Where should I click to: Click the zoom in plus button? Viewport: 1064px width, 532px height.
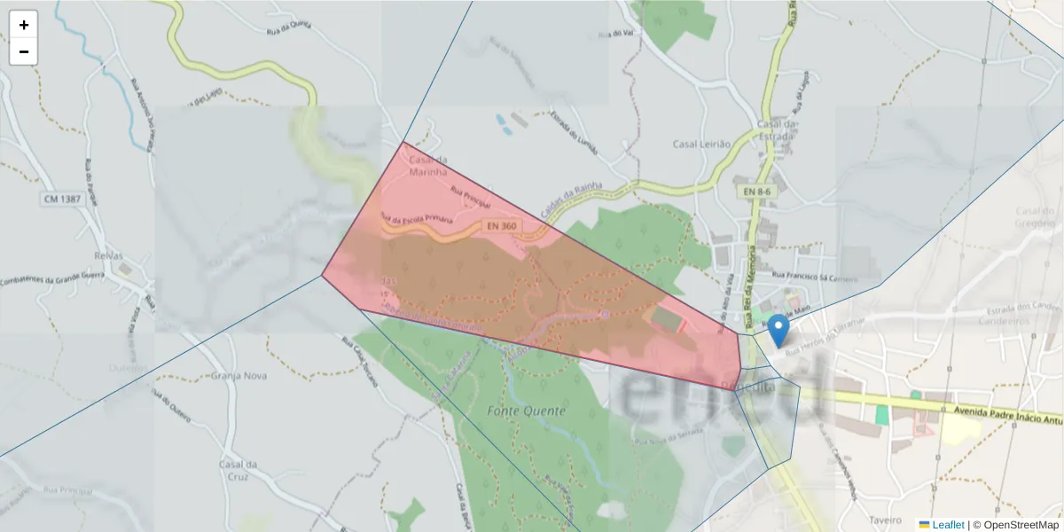tap(24, 25)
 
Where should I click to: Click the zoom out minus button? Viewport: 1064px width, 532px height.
tap(24, 51)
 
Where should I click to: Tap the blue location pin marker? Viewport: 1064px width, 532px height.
tap(778, 331)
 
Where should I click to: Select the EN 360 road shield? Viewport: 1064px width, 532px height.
tap(503, 227)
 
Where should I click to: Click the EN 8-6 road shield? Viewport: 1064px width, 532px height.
tap(756, 192)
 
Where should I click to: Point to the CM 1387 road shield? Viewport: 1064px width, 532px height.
tap(62, 199)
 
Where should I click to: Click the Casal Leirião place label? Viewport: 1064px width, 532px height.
tap(700, 144)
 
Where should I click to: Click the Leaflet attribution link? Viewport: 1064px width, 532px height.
tap(947, 525)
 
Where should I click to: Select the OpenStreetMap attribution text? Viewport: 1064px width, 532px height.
tap(1016, 525)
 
